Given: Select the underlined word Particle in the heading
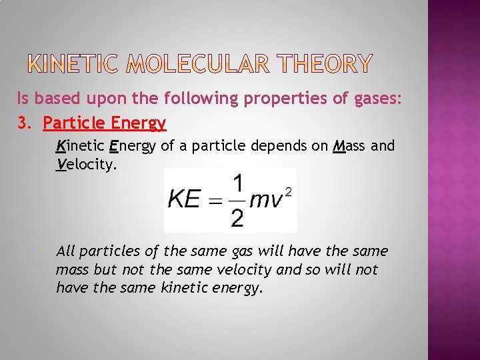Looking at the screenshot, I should pos(70,123).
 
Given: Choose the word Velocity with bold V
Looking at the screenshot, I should pos(87,164).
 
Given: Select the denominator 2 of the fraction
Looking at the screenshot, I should pos(237,217).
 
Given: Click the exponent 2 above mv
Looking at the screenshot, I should pos(288,191).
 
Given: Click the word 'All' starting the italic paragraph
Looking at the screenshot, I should pos(65,251).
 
